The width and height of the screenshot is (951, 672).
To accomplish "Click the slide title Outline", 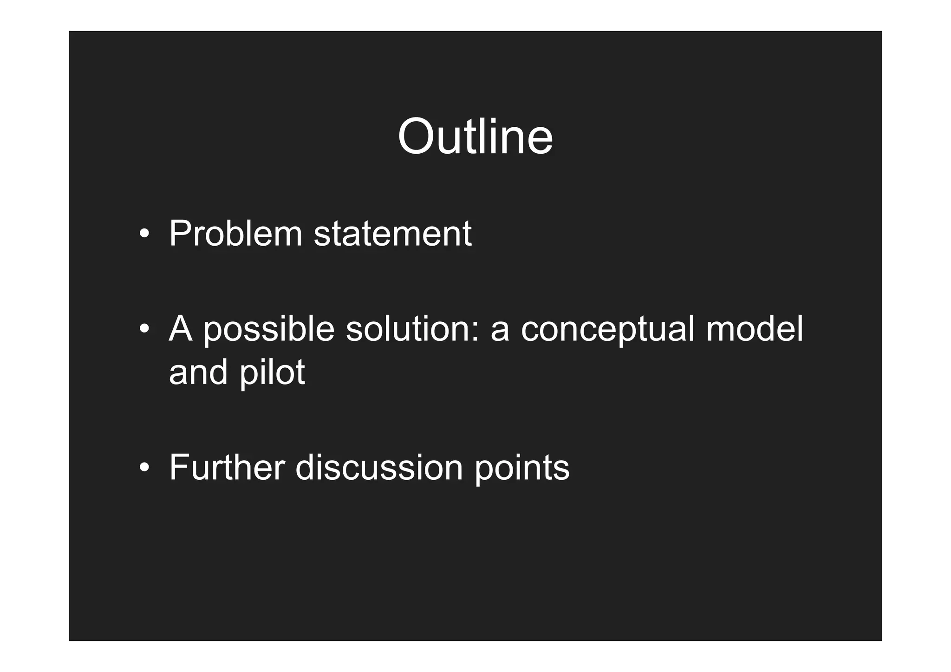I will (475, 137).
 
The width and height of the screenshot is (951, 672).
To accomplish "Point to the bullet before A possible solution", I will (144, 329).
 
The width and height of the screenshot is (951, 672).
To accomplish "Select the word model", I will (755, 329).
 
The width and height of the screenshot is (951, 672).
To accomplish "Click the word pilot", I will (272, 372).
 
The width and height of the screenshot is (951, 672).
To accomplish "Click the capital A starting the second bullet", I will (181, 329).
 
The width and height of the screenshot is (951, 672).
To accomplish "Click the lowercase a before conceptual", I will (500, 333).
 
